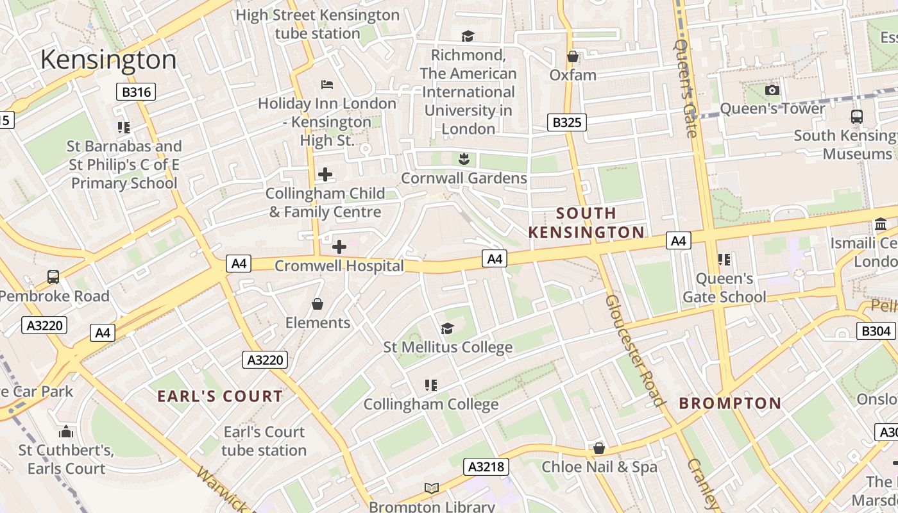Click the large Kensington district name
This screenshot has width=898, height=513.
pyautogui.click(x=108, y=60)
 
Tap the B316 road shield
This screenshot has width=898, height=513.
pyautogui.click(x=137, y=92)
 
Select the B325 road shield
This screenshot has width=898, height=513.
pyautogui.click(x=567, y=122)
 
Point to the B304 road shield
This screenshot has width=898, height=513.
pyautogui.click(x=876, y=330)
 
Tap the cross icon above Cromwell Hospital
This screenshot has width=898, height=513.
pyautogui.click(x=339, y=246)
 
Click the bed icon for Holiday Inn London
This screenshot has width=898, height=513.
pyautogui.click(x=327, y=84)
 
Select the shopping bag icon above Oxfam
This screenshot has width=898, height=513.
pyautogui.click(x=573, y=56)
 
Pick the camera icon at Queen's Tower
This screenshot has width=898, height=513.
pyautogui.click(x=772, y=90)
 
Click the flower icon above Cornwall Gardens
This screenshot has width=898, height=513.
pyautogui.click(x=464, y=158)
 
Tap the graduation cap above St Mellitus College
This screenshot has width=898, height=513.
pyautogui.click(x=447, y=328)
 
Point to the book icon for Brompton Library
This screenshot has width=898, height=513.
pyautogui.click(x=432, y=489)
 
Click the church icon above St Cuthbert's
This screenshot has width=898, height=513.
pyautogui.click(x=65, y=431)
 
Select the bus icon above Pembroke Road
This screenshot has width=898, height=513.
pyautogui.click(x=53, y=277)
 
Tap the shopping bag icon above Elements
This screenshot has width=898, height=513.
pyautogui.click(x=318, y=303)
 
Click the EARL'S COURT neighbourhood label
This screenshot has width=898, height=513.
pyautogui.click(x=220, y=396)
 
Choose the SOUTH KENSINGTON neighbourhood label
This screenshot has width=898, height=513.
pyautogui.click(x=586, y=223)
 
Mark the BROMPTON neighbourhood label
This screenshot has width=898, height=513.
pyautogui.click(x=730, y=403)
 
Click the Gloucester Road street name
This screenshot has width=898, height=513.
pyautogui.click(x=634, y=350)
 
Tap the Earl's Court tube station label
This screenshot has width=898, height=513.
pyautogui.click(x=264, y=441)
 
